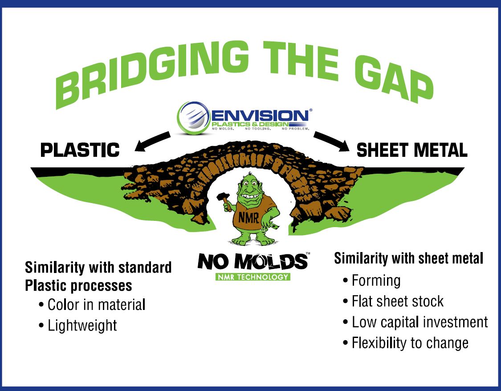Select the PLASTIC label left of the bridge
coord(80,150)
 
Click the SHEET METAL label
coord(412,150)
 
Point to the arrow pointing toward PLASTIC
coord(152,141)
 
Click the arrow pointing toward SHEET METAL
coord(331,141)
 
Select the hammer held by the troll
coord(224,200)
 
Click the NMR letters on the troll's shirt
coord(248,218)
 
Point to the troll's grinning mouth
coord(250,196)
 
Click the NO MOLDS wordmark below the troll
coord(253,261)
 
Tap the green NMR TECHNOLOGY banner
coord(253,277)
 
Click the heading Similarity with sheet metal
coord(409,258)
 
